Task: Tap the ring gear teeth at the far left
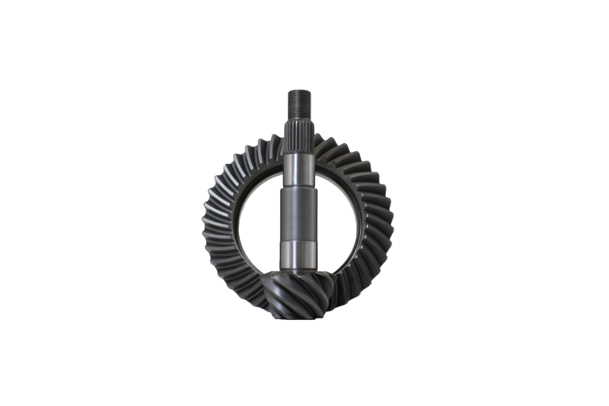211,221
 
